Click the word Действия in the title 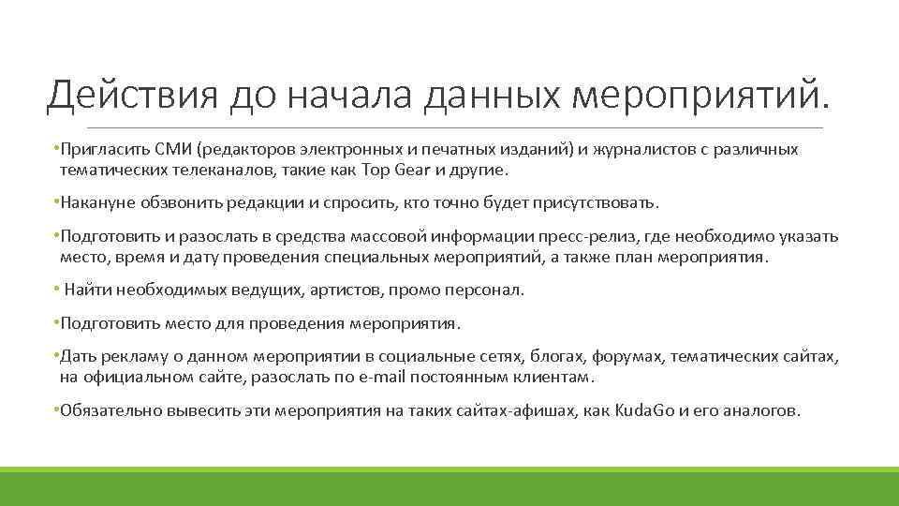click(130, 95)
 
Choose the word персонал click(489, 290)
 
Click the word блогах click(555, 357)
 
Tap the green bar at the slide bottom click(449, 486)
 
